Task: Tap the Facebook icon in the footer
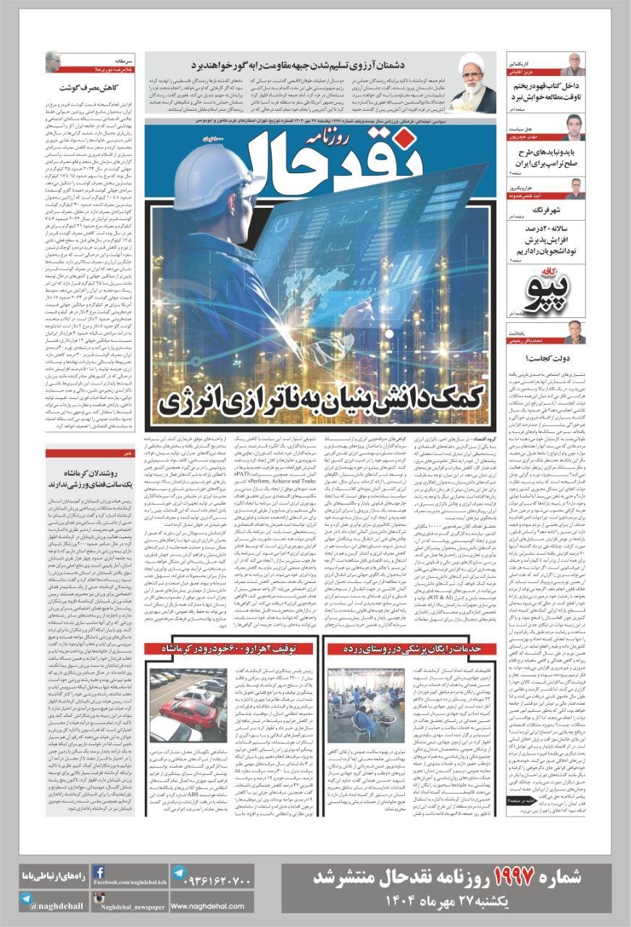[x=99, y=872]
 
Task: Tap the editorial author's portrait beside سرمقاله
[x=54, y=62]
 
